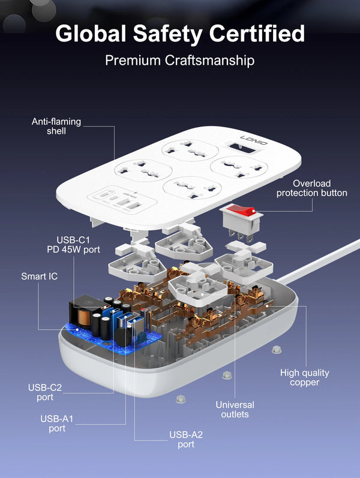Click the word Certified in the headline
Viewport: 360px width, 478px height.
click(257, 33)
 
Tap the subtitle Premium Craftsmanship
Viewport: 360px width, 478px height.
click(179, 61)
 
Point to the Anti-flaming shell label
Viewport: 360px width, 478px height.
click(56, 126)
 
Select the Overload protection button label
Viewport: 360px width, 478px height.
click(312, 188)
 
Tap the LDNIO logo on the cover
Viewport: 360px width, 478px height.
click(254, 140)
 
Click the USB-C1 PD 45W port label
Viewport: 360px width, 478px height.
click(73, 245)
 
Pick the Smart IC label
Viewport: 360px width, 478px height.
click(40, 276)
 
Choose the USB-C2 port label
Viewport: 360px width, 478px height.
click(45, 392)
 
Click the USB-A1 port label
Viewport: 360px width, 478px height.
click(57, 423)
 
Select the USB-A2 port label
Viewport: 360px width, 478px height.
click(186, 439)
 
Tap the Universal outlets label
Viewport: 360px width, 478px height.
click(235, 410)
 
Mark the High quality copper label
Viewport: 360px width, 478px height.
click(304, 377)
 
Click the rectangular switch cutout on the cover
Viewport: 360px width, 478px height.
click(243, 148)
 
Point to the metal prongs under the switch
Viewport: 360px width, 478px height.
click(241, 236)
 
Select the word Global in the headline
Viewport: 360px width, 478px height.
click(91, 33)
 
